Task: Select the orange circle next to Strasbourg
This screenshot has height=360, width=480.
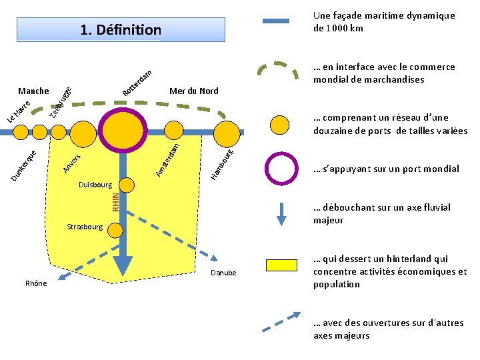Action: coord(115,228)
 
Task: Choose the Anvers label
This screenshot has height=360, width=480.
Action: coord(71,162)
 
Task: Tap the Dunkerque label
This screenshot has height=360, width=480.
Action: coord(27,165)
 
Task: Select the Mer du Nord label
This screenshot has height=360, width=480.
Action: coord(193,91)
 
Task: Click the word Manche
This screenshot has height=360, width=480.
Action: coord(33,91)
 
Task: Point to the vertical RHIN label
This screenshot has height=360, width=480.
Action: coord(115,201)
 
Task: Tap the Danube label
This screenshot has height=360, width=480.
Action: coord(223,273)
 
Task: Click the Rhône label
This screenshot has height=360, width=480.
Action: coord(36,283)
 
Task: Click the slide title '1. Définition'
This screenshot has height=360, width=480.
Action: coord(121,30)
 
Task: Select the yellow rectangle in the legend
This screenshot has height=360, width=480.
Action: coord(281,265)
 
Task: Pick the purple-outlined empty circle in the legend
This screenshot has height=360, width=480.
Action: coord(281,169)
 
